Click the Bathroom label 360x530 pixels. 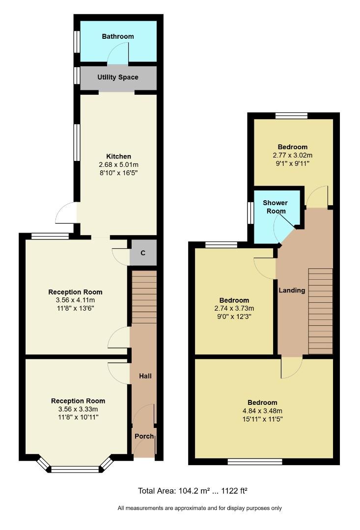(118, 36)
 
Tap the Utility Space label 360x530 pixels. (118, 77)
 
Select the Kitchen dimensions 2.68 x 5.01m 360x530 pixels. (118, 164)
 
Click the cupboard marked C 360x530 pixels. (143, 253)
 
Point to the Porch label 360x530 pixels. (144, 437)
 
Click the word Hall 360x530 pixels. (145, 376)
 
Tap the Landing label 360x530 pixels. (292, 290)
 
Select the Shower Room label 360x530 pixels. (275, 207)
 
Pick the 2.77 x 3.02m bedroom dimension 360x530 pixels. (292, 155)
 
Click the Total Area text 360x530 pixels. (195, 491)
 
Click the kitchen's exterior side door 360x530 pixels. (67, 213)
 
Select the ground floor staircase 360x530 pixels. (144, 297)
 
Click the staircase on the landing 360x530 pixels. (320, 312)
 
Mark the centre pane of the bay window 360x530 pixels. (75, 470)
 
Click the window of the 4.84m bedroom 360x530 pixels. (255, 461)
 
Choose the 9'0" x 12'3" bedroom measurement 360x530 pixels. (234, 317)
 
